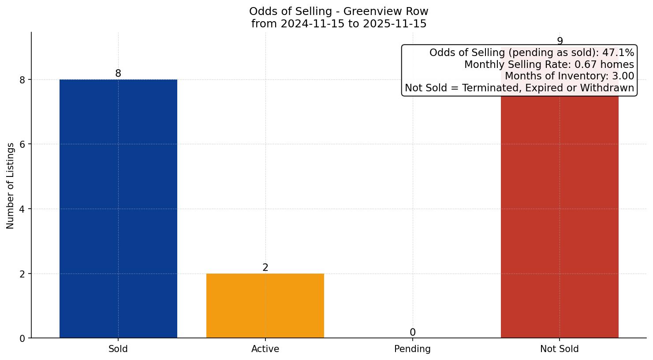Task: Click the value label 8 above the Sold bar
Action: pyautogui.click(x=118, y=74)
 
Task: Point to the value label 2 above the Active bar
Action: pyautogui.click(x=265, y=268)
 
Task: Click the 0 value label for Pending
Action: pyautogui.click(x=412, y=333)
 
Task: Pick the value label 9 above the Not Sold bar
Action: pyautogui.click(x=560, y=41)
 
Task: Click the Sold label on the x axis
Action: pyautogui.click(x=118, y=349)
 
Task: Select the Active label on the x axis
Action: pyautogui.click(x=265, y=349)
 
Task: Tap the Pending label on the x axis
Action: pyautogui.click(x=412, y=349)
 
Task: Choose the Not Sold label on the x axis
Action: pyautogui.click(x=559, y=349)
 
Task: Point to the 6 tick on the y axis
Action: pyautogui.click(x=23, y=144)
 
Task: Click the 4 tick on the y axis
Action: pyautogui.click(x=23, y=209)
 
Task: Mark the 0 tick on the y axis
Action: pyautogui.click(x=23, y=338)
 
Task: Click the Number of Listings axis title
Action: pyautogui.click(x=10, y=185)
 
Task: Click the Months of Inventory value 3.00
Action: pyautogui.click(x=623, y=76)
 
